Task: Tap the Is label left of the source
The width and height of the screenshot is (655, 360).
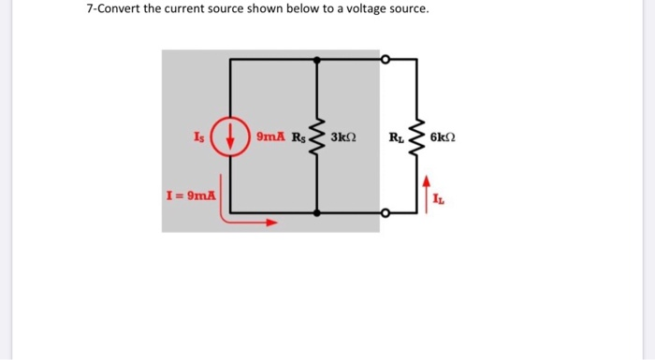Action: click(x=198, y=137)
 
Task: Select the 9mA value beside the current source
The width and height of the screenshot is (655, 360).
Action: click(x=270, y=137)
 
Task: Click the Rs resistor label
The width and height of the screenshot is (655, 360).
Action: click(x=298, y=137)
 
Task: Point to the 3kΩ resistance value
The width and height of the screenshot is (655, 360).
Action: click(x=343, y=137)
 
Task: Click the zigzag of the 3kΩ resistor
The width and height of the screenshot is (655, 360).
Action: click(x=319, y=137)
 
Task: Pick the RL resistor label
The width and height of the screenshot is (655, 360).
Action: click(x=397, y=137)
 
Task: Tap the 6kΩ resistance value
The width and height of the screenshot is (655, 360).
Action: click(x=444, y=137)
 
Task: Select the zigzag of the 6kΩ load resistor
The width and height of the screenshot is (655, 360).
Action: click(x=417, y=137)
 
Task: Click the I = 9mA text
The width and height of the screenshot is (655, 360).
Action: click(x=190, y=196)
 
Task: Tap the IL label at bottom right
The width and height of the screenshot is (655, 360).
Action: click(x=441, y=198)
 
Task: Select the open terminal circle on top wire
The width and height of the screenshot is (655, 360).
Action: click(x=384, y=58)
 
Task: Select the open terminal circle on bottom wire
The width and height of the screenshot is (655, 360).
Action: click(x=384, y=214)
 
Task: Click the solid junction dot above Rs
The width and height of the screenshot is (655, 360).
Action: click(x=319, y=58)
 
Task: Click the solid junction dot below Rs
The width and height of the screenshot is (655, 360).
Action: click(x=319, y=214)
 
